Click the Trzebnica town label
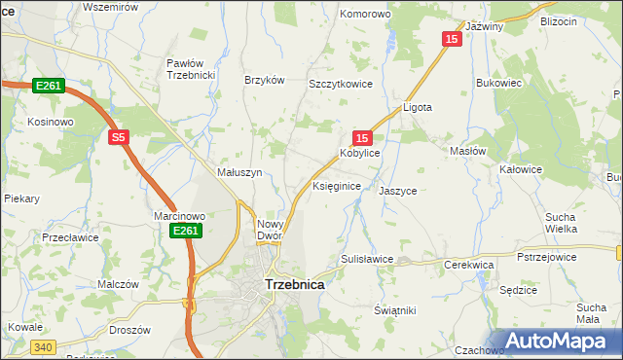295,285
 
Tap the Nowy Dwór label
270,230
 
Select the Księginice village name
337,185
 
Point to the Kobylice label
359,154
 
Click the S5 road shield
118,138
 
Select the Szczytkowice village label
341,85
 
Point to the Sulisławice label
366,260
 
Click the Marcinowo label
179,216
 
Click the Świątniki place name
395,310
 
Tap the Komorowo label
364,15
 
